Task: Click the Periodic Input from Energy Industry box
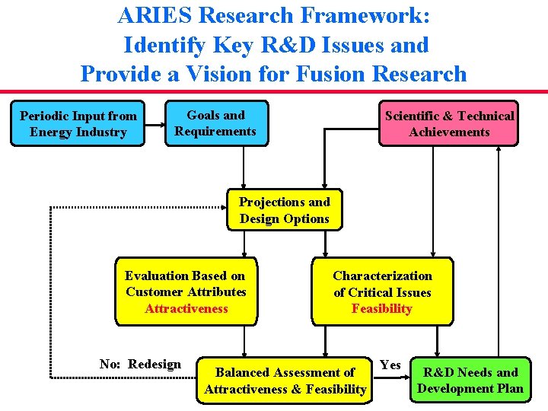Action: click(x=78, y=123)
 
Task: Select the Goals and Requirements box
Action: click(x=216, y=123)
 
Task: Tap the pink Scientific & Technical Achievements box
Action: click(x=449, y=123)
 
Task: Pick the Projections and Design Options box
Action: click(x=285, y=210)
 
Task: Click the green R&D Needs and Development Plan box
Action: click(x=470, y=380)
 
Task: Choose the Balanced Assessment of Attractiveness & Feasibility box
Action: click(x=285, y=381)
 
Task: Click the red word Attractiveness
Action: click(x=186, y=308)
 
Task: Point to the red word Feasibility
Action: click(x=381, y=308)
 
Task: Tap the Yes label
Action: click(x=390, y=365)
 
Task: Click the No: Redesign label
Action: click(x=140, y=364)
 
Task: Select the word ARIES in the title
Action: click(x=149, y=16)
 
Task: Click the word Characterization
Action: click(x=382, y=276)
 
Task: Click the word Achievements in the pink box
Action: click(x=449, y=132)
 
